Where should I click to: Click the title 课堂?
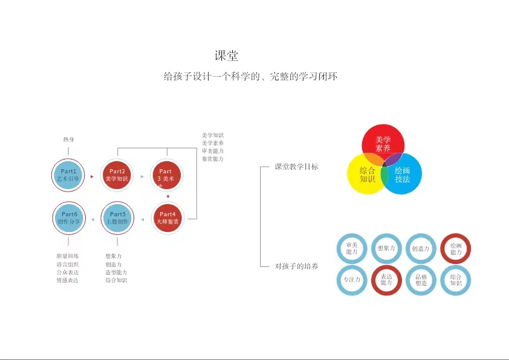click(227, 56)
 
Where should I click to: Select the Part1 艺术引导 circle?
click(68, 175)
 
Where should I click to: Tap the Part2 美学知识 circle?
click(117, 175)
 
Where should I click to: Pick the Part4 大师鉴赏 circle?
click(167, 217)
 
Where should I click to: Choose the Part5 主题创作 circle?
click(117, 217)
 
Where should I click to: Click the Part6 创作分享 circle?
click(68, 217)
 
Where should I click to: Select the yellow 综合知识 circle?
click(365, 175)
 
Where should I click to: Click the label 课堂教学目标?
click(296, 167)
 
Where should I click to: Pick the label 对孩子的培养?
click(296, 266)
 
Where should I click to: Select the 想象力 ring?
click(386, 248)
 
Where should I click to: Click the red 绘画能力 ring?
click(456, 248)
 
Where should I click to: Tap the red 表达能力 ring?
click(386, 280)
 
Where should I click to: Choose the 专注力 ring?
click(351, 280)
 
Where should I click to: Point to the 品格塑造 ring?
click(421, 280)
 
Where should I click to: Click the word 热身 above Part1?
click(68, 140)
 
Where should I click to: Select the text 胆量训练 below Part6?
click(67, 256)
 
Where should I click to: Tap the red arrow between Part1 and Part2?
click(92, 176)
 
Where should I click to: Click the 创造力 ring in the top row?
click(421, 248)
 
